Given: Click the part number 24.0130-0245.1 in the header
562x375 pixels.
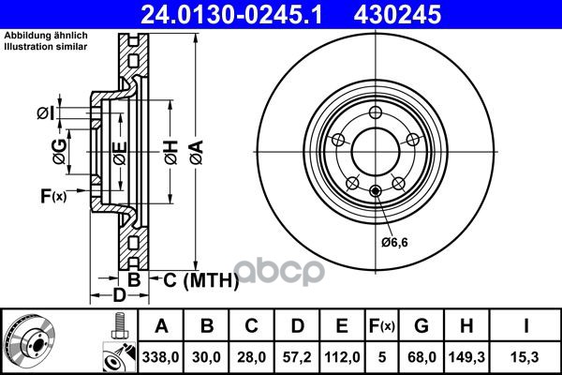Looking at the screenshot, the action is [231, 15].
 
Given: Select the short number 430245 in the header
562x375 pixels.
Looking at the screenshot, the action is [397, 15].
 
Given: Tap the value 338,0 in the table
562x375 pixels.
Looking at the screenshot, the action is [160, 357].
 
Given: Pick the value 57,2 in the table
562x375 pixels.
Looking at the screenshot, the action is [297, 357].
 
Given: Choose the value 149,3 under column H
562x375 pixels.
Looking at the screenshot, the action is [466, 357].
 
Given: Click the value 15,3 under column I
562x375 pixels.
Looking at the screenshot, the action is [525, 357].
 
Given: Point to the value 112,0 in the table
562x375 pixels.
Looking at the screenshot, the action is [342, 357].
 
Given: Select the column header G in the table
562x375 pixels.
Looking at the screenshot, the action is [421, 326].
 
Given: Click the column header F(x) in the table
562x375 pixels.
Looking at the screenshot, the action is [382, 326].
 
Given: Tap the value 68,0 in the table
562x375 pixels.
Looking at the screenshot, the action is [421, 357].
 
